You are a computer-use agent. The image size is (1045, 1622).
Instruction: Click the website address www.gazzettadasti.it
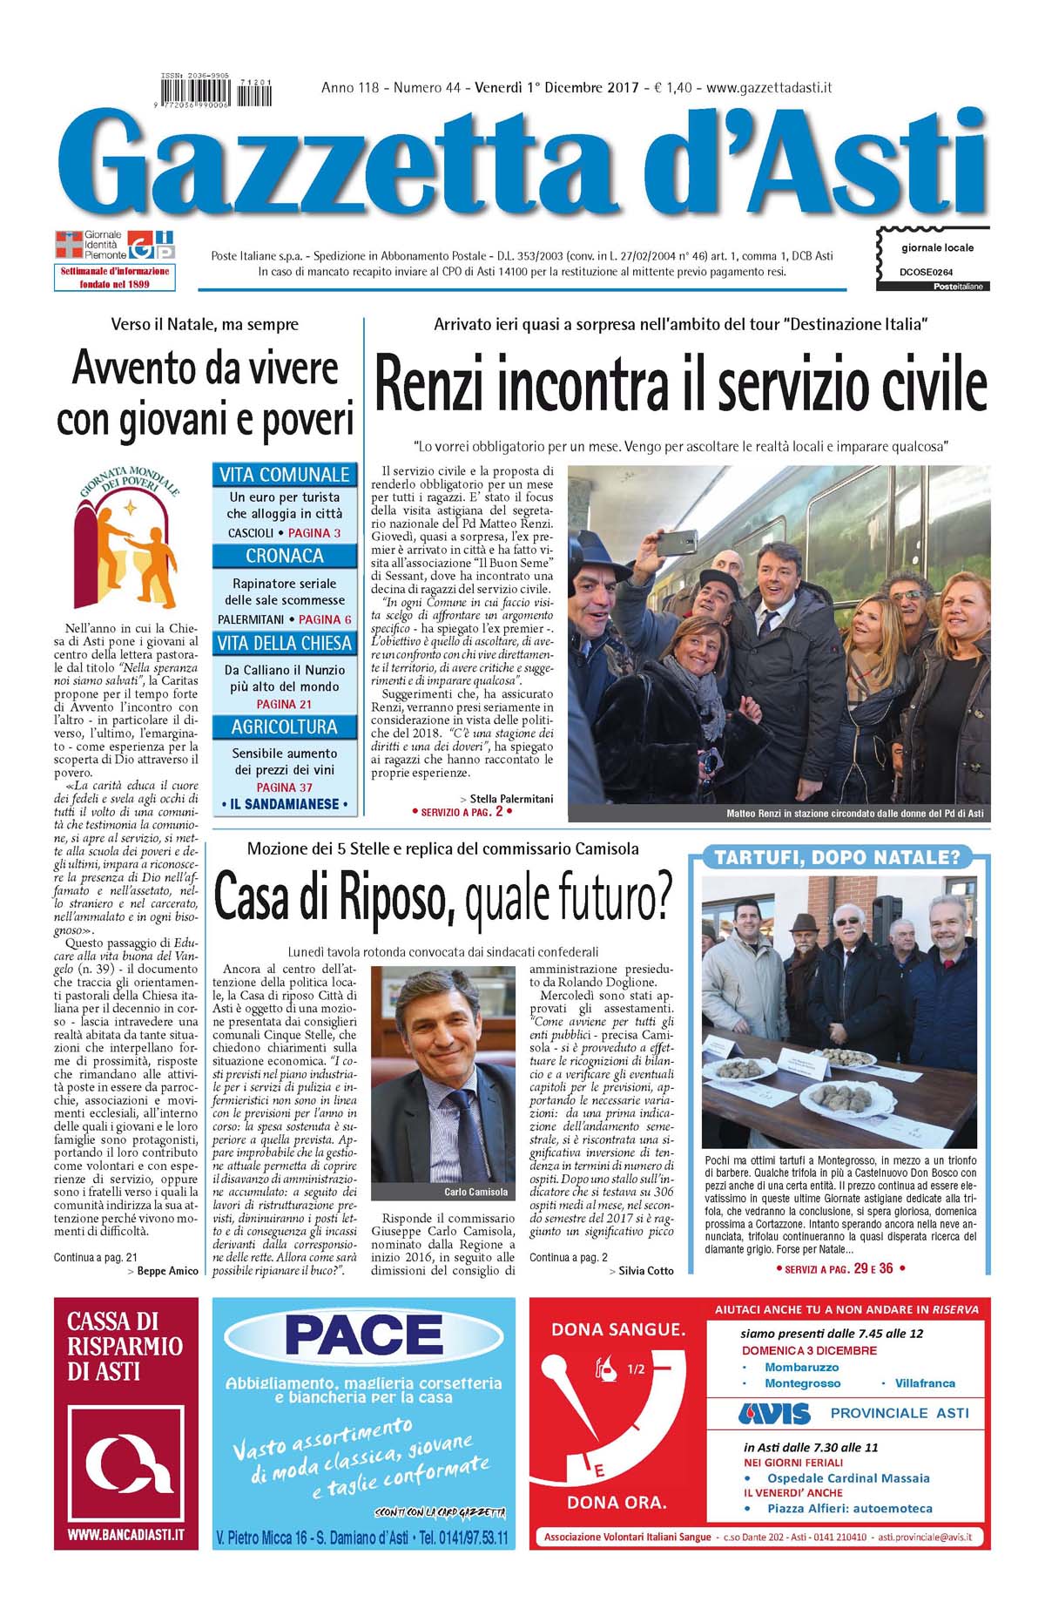click(x=769, y=87)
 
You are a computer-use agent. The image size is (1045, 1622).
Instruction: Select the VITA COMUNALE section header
click(x=285, y=475)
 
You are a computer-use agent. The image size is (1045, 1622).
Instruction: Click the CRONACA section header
click(x=285, y=556)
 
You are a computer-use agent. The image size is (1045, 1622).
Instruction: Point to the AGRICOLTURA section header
click(x=285, y=727)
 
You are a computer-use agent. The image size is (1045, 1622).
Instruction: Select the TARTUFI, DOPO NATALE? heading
click(x=837, y=858)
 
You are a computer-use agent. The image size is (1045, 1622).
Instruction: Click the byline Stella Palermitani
click(x=510, y=798)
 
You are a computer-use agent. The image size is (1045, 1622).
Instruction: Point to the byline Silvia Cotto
click(x=645, y=1271)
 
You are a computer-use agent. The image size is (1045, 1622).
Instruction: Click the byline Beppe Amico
click(x=167, y=1271)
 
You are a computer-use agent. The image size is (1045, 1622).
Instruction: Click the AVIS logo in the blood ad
click(x=774, y=1413)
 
